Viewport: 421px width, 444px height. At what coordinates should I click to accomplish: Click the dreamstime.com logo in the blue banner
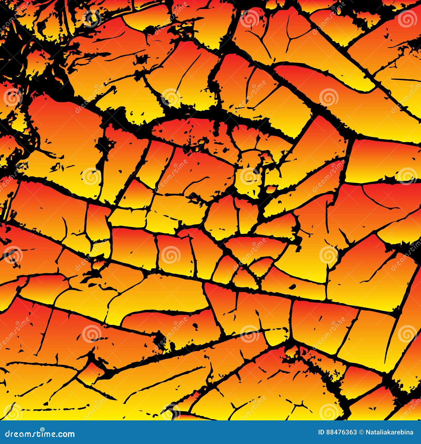[x=40, y=434]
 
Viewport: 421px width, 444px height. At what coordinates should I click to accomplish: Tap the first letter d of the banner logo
[x=8, y=434]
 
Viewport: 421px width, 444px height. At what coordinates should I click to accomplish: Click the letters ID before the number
[x=321, y=432]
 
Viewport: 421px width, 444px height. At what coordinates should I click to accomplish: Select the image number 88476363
[x=341, y=432]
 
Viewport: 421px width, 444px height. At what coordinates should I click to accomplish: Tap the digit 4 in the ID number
[x=337, y=432]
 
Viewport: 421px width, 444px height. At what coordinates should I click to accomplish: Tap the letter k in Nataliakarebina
[x=388, y=432]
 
